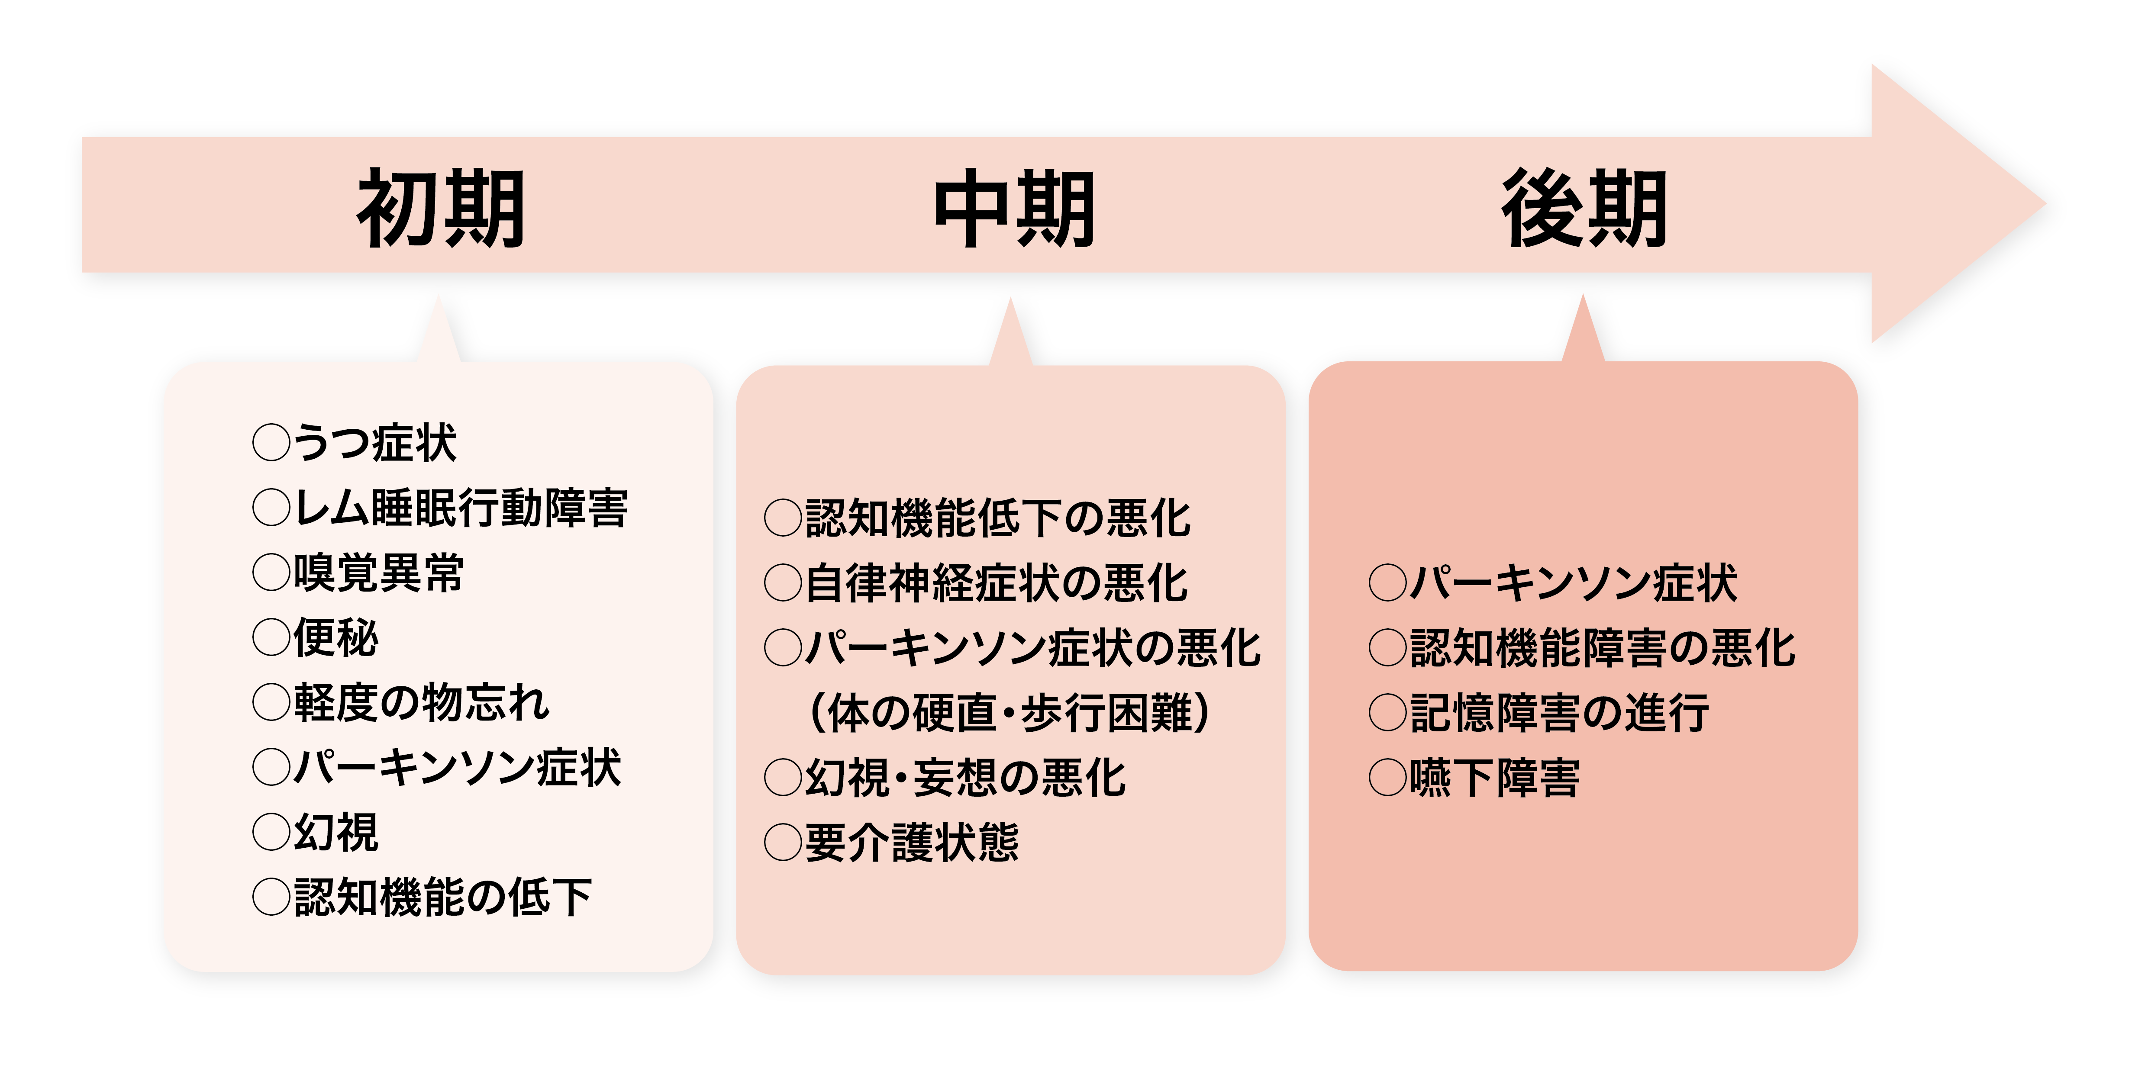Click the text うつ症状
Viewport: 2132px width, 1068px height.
pos(374,443)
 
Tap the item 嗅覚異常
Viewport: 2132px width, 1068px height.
pos(378,573)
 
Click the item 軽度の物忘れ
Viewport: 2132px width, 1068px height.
pos(421,702)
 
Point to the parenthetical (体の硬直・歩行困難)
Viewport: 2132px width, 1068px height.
pos(1010,713)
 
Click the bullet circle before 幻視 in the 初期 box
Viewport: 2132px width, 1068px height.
pos(271,832)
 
